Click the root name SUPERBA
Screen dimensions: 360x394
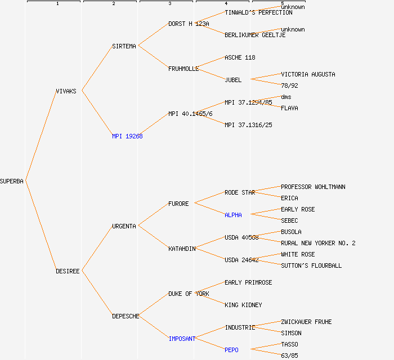coord(12,181)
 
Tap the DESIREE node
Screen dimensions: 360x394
coord(68,271)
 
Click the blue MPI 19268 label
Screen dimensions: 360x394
coord(127,136)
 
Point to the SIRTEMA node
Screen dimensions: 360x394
coord(124,46)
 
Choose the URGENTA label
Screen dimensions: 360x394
coord(124,226)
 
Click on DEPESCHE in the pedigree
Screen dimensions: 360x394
coord(126,316)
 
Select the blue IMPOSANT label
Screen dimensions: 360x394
coord(182,339)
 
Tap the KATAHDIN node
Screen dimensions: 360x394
coord(182,249)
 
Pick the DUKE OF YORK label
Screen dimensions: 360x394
coord(189,294)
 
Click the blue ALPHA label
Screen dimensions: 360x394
coord(233,215)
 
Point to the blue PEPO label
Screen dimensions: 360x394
coord(231,350)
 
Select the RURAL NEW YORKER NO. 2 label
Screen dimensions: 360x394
coord(318,243)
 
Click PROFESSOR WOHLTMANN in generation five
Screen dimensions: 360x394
coord(313,187)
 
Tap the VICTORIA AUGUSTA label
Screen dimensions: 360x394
coord(308,74)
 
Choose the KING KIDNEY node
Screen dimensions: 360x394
coord(243,305)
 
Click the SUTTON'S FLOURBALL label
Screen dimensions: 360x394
coord(311,265)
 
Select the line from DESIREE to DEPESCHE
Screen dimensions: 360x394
coord(97,294)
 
